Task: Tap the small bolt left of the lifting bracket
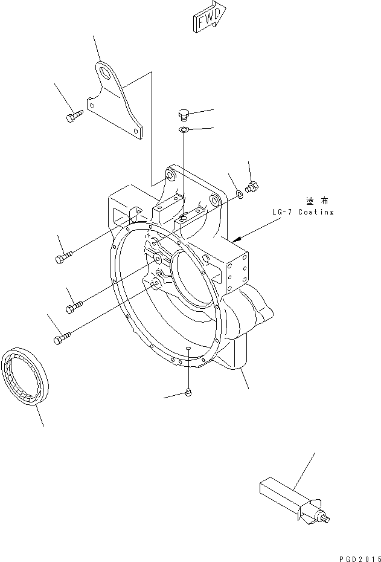[74, 114]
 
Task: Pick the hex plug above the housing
[185, 115]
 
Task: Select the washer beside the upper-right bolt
[239, 194]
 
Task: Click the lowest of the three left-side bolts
[63, 338]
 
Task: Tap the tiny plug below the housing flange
[189, 393]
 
